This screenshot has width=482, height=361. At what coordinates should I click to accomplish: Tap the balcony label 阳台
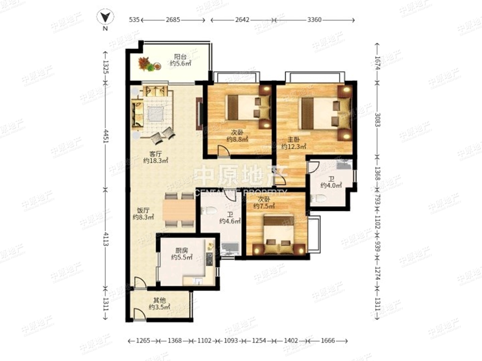180,57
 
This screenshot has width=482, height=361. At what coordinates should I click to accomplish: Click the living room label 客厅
156,154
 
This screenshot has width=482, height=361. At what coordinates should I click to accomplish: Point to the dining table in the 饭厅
179,209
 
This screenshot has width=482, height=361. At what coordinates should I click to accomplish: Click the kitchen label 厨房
182,250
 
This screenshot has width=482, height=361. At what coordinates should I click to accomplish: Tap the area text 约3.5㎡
159,307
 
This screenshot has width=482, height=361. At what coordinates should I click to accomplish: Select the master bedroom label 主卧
294,139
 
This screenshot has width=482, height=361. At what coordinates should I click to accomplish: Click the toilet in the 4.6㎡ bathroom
209,211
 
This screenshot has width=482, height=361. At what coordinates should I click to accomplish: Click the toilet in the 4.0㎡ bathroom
318,199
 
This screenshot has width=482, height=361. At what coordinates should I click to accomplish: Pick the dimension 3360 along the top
314,20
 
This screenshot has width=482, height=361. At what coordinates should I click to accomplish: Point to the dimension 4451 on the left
106,136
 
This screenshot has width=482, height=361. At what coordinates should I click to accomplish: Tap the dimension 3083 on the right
377,120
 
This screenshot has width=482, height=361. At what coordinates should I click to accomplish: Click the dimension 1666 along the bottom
328,341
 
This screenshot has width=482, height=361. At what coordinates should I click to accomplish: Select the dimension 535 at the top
134,20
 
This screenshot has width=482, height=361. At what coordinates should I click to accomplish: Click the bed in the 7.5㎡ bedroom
279,235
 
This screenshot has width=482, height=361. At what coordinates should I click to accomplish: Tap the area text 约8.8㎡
237,139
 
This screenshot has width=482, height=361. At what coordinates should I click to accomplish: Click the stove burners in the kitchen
209,259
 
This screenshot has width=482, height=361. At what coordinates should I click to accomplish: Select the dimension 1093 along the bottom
231,341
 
